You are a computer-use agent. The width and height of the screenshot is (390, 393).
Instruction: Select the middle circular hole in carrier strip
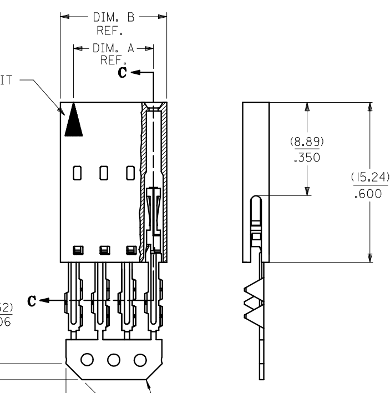pos(114,359)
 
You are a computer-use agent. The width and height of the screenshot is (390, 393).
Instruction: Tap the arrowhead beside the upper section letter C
pos(136,73)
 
